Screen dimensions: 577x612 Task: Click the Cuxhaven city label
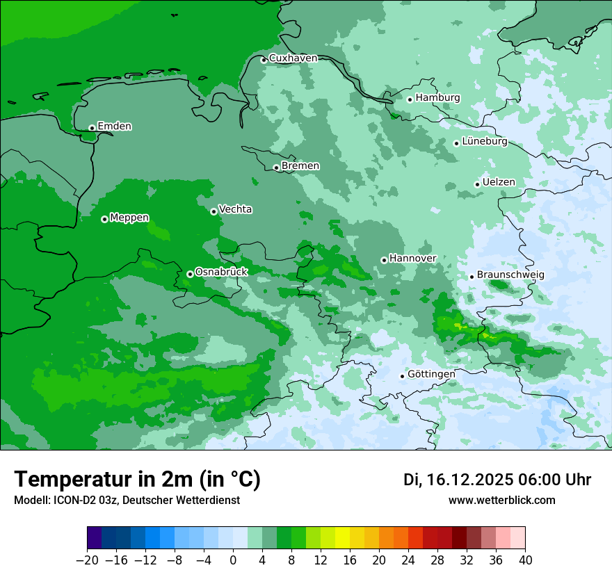293,58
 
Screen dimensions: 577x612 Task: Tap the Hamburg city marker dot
410,99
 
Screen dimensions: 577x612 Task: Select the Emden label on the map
114,127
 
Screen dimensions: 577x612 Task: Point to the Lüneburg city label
484,142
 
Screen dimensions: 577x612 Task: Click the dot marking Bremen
276,168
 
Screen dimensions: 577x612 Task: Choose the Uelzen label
499,182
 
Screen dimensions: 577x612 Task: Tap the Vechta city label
235,209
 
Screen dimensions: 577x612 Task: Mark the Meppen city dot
104,219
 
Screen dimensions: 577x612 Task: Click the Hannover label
412,259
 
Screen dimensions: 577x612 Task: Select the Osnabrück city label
221,272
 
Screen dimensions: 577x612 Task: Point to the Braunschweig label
510,275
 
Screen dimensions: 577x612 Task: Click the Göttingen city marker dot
402,376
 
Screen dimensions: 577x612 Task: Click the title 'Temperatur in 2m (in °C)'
137,480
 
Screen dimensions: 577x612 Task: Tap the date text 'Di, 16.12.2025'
458,480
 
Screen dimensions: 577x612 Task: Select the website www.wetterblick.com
501,501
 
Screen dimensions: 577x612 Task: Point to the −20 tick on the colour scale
88,560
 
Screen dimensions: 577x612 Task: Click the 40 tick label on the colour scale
525,560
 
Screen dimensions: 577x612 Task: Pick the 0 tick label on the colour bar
233,560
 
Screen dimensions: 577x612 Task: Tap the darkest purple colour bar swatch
95,538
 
